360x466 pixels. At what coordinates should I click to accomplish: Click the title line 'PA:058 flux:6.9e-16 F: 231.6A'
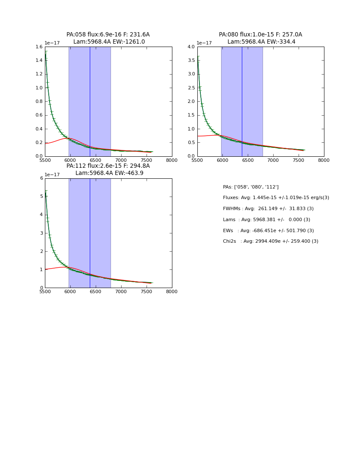click(x=108, y=35)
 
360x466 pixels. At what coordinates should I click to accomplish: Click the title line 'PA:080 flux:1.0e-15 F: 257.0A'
click(x=260, y=35)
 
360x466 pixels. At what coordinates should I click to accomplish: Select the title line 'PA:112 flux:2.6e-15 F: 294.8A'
click(x=108, y=166)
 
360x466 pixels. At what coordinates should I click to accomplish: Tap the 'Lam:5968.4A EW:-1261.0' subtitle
click(x=109, y=42)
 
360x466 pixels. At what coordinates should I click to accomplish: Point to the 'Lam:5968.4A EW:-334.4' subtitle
click(x=261, y=42)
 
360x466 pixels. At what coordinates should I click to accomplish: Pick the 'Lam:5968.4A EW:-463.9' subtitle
click(x=109, y=173)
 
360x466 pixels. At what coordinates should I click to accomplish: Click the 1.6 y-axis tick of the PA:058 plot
click(x=39, y=47)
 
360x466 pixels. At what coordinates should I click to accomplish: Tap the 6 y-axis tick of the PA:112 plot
click(x=42, y=178)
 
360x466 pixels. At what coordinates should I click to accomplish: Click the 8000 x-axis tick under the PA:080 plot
click(x=324, y=161)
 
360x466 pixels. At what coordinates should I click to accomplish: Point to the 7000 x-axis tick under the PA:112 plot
click(x=121, y=292)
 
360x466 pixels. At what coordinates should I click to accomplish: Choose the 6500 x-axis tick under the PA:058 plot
click(x=96, y=161)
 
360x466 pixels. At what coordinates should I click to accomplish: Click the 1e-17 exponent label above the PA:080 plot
click(x=204, y=43)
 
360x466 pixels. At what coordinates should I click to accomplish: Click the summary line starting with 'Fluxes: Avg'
click(x=276, y=198)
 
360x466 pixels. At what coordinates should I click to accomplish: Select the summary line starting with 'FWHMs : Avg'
click(x=268, y=209)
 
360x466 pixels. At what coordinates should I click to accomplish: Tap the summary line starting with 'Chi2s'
click(x=270, y=241)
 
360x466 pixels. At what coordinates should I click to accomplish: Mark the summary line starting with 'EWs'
click(x=268, y=231)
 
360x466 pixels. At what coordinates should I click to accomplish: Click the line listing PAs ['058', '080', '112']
click(x=251, y=187)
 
